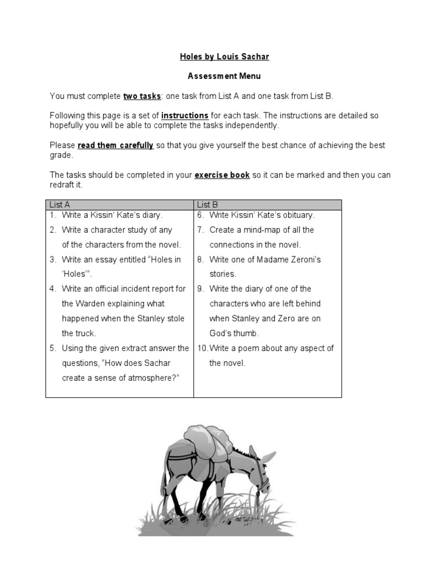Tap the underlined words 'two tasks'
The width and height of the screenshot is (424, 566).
(x=141, y=96)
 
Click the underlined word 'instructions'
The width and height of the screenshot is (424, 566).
(x=184, y=116)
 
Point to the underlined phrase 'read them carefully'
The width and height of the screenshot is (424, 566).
(x=115, y=145)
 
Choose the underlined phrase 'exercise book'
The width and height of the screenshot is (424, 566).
(x=222, y=175)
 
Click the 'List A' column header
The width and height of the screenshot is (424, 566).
(x=60, y=205)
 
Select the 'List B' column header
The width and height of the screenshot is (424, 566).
(x=207, y=205)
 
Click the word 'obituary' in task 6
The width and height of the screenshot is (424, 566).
(x=297, y=215)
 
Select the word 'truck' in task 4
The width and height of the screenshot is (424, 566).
(x=86, y=333)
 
